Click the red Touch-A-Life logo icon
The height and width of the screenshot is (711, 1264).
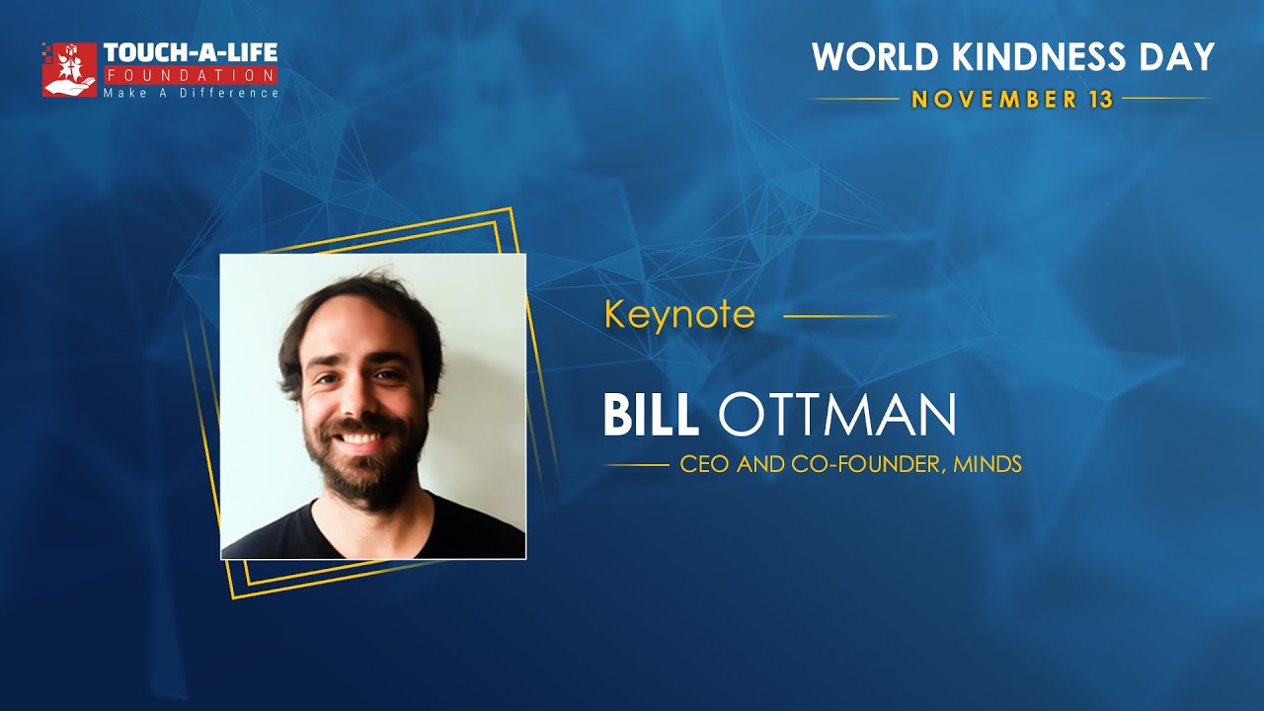[x=68, y=69]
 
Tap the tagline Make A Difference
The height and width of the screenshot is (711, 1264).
[x=191, y=92]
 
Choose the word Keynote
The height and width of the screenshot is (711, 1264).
[x=679, y=315]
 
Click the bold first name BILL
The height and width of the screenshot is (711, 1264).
[x=651, y=416]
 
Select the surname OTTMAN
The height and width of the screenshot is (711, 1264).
[x=836, y=416]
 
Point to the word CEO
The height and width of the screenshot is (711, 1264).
[x=702, y=464]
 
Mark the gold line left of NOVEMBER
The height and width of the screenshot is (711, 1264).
[x=854, y=99]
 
